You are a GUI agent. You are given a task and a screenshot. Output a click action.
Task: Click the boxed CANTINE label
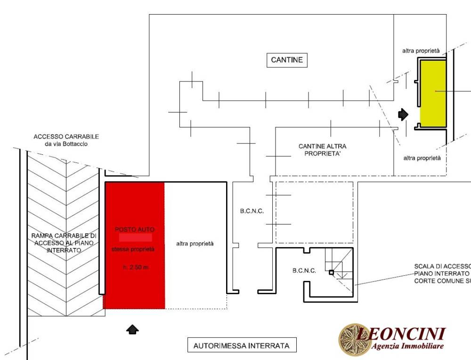click(x=287, y=60)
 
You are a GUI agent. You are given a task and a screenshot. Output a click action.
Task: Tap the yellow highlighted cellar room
click(x=433, y=93)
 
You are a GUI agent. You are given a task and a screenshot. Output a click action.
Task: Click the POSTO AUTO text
click(x=135, y=229)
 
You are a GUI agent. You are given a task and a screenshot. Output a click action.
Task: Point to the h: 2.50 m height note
click(x=135, y=268)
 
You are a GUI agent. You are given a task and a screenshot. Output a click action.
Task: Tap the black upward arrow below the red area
click(x=133, y=329)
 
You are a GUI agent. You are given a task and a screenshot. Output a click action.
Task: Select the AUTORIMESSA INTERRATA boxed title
click(x=242, y=345)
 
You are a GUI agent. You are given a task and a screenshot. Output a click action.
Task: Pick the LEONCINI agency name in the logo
click(x=401, y=334)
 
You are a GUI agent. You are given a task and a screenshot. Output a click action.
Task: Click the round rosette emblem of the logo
click(x=353, y=339)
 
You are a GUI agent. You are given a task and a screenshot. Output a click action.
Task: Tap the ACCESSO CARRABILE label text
click(x=66, y=140)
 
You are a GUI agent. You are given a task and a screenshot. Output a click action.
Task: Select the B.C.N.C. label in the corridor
click(x=252, y=211)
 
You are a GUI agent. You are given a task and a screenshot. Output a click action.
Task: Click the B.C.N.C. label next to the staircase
click(x=304, y=271)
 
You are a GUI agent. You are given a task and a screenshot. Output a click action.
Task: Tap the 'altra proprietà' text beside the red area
click(x=195, y=244)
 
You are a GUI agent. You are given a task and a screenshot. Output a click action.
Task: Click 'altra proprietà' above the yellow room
click(x=421, y=51)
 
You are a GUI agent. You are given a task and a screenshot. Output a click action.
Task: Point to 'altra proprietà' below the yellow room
click(x=422, y=158)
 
